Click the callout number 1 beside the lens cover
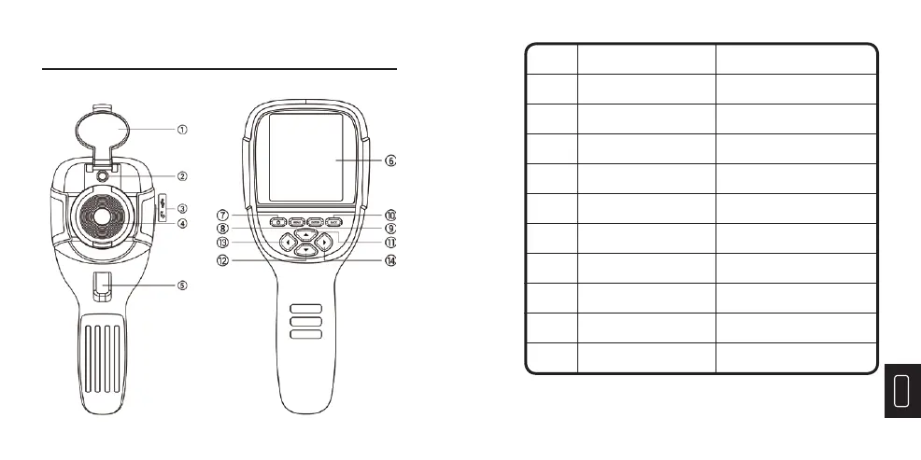[183, 129]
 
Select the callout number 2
[183, 174]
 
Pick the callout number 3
[183, 208]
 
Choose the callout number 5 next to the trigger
[183, 285]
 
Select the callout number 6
[391, 160]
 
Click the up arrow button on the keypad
[305, 234]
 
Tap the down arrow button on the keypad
[305, 252]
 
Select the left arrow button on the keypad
[285, 244]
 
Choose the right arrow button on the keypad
[324, 244]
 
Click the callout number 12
[223, 261]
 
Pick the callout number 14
[391, 261]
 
